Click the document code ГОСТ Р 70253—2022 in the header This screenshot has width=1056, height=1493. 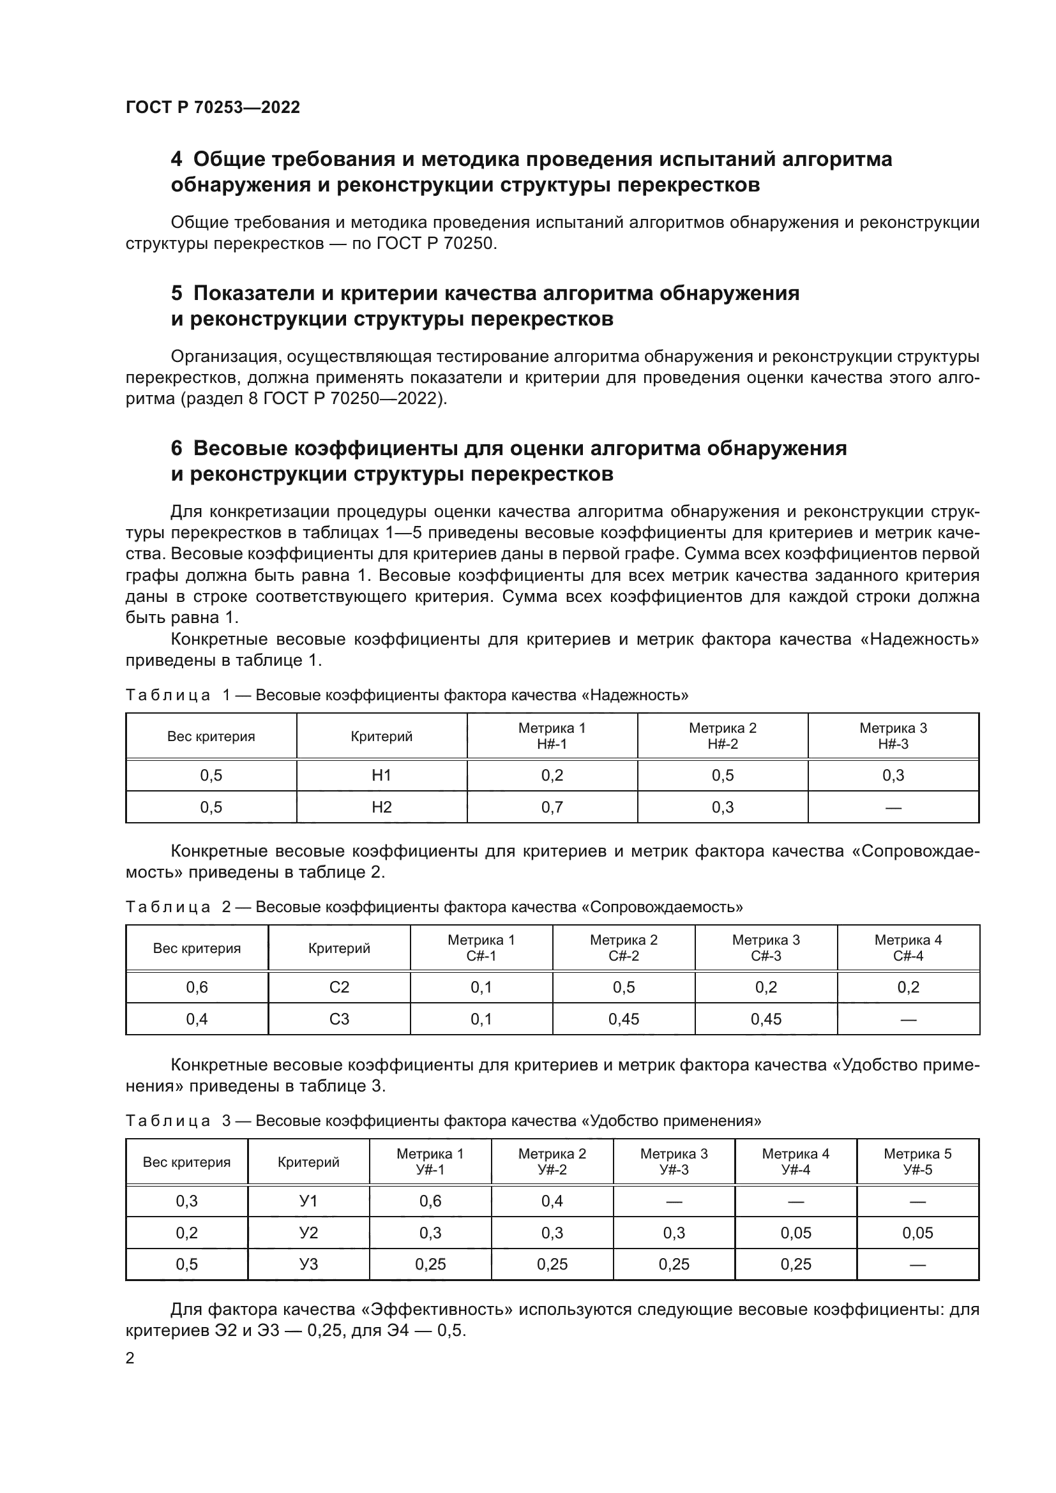click(213, 107)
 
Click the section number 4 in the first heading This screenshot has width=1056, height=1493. click(176, 160)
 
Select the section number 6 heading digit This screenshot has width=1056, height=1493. click(176, 449)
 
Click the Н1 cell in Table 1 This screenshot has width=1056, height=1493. click(381, 775)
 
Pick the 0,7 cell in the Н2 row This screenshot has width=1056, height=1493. click(552, 807)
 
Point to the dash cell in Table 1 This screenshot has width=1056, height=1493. click(893, 807)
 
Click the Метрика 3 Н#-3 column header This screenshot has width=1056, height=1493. click(893, 735)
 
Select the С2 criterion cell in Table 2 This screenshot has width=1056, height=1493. click(339, 987)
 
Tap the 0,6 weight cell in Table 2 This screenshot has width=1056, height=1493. click(197, 987)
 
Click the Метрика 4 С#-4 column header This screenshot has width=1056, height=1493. click(908, 947)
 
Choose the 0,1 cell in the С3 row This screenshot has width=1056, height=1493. click(481, 1019)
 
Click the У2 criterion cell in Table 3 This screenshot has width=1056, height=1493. click(308, 1233)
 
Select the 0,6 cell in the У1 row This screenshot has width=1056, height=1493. click(430, 1201)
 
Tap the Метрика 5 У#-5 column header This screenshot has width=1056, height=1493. click(917, 1161)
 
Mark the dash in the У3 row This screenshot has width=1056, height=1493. click(917, 1264)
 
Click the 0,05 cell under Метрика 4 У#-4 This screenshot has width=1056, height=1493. click(796, 1233)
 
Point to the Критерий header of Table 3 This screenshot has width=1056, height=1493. click(308, 1162)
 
